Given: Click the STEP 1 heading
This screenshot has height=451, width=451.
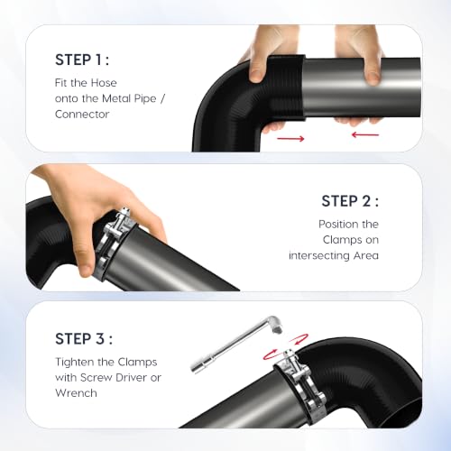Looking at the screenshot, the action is (x=82, y=60).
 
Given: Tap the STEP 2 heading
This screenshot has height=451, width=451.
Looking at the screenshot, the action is (x=350, y=201).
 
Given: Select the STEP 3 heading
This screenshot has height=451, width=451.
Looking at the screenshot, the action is (x=84, y=338).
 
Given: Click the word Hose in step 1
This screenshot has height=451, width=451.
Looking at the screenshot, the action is (x=104, y=83).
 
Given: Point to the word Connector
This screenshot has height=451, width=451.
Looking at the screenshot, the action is (x=82, y=115).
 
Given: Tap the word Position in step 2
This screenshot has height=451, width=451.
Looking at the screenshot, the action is (x=336, y=224).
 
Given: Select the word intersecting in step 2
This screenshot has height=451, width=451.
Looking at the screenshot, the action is (x=318, y=255).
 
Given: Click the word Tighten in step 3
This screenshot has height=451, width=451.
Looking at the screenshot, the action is (x=74, y=362).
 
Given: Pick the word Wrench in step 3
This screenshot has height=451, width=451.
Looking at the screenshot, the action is (x=76, y=393).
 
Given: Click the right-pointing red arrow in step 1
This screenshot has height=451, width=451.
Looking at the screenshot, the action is (x=290, y=139).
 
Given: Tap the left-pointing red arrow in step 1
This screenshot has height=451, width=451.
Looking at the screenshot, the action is (x=365, y=134).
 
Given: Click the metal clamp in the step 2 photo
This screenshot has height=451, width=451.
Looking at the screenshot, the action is (x=113, y=241).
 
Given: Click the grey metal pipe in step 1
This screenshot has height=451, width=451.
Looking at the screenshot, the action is (x=362, y=87).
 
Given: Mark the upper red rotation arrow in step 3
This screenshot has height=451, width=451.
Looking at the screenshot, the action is (x=299, y=339).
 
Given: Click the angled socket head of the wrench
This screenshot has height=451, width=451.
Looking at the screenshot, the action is (x=276, y=325).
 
